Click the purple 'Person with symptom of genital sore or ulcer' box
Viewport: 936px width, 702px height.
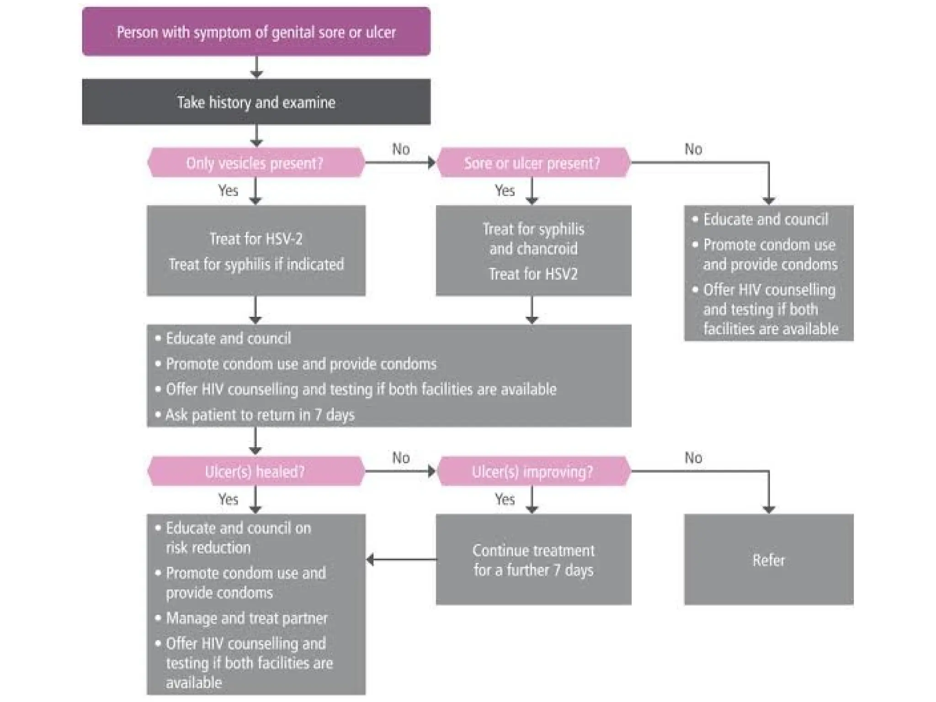point(256,32)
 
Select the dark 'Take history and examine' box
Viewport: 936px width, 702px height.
point(256,102)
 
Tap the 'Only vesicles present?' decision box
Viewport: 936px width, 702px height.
point(255,163)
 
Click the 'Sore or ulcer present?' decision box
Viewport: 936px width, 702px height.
point(532,163)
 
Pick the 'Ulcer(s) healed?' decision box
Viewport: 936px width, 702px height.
point(255,471)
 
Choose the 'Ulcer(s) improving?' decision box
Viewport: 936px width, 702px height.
point(532,471)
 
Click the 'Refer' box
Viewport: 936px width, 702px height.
point(768,560)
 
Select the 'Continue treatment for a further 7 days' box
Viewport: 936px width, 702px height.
point(533,560)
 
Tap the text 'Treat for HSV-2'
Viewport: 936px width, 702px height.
point(256,239)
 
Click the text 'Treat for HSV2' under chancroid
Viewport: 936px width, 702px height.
point(533,274)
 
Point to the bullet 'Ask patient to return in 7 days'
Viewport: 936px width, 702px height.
point(260,415)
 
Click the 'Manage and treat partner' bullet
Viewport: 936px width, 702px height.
point(247,618)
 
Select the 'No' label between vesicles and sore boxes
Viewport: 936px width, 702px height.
point(401,149)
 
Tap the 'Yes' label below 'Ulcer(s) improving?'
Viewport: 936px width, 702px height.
point(505,499)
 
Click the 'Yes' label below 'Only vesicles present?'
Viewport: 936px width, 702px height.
point(228,190)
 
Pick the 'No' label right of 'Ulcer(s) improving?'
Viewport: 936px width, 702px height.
point(693,457)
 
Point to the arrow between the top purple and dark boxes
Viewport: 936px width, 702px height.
point(256,68)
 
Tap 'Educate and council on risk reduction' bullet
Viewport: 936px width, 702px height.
point(238,537)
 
